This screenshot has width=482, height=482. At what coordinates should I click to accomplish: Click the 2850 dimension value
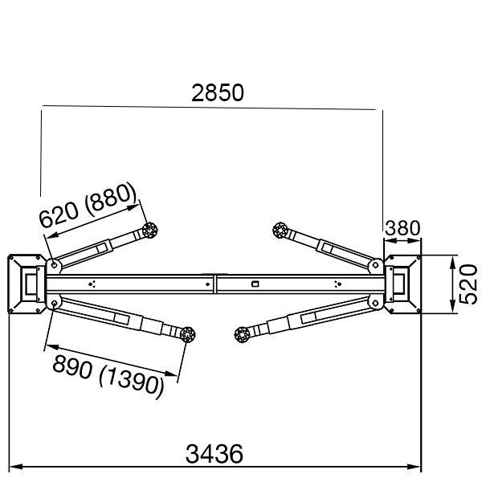pyautogui.click(x=218, y=92)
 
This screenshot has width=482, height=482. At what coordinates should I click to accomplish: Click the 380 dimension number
pyautogui.click(x=403, y=229)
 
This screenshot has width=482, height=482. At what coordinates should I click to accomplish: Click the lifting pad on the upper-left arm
pyautogui.click(x=149, y=231)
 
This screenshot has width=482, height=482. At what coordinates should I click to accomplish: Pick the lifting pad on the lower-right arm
pyautogui.click(x=241, y=335)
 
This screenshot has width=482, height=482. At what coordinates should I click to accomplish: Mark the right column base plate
pyautogui.click(x=402, y=284)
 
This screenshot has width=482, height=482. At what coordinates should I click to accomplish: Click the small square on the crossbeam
pyautogui.click(x=255, y=284)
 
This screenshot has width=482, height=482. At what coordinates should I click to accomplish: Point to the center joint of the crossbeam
pyautogui.click(x=214, y=284)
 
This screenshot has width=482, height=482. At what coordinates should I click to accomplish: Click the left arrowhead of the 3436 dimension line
pyautogui.click(x=14, y=466)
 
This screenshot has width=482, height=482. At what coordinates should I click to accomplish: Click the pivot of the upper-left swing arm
pyautogui.click(x=53, y=263)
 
